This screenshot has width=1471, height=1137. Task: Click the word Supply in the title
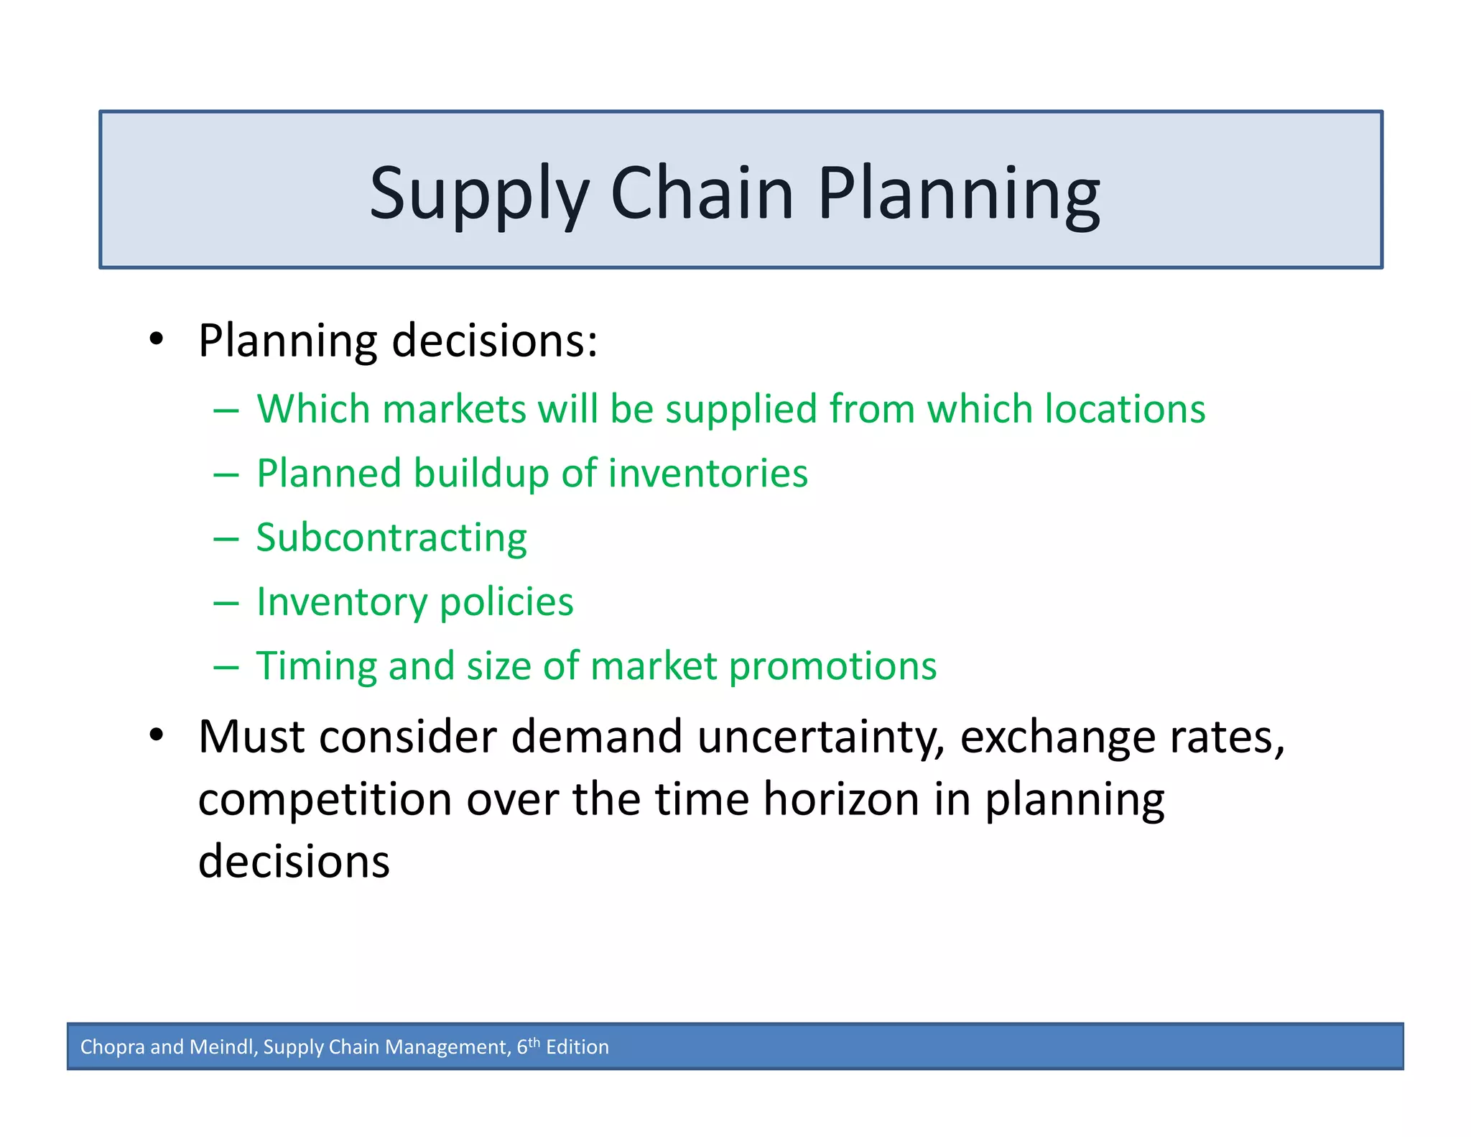478,194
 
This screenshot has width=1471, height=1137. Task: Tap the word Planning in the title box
958,194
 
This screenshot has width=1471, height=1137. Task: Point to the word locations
1124,409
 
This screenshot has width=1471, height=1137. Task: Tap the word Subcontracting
391,538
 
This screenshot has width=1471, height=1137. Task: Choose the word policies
506,602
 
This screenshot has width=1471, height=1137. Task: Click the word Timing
315,667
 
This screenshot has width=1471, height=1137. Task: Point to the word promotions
832,667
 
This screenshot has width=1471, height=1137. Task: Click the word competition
325,800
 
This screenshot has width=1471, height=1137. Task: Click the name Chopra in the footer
112,1047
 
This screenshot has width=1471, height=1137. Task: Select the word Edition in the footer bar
577,1047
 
